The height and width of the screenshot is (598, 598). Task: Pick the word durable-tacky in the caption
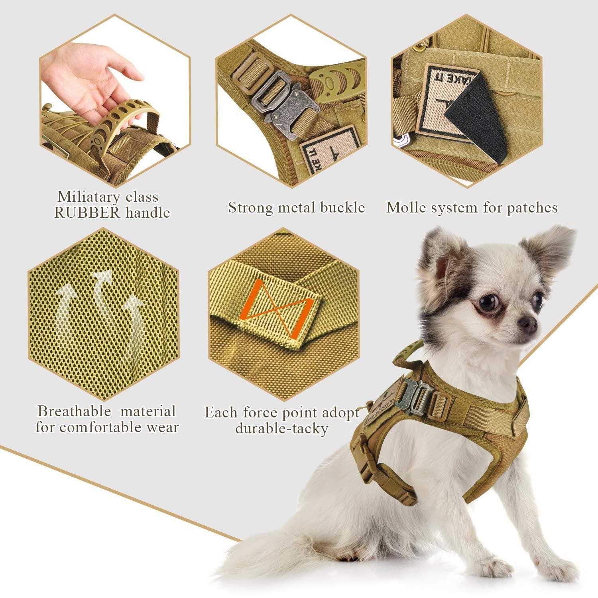point(281,429)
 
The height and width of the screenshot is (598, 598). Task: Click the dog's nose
point(529,324)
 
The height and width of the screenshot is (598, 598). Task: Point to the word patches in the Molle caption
point(532,207)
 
